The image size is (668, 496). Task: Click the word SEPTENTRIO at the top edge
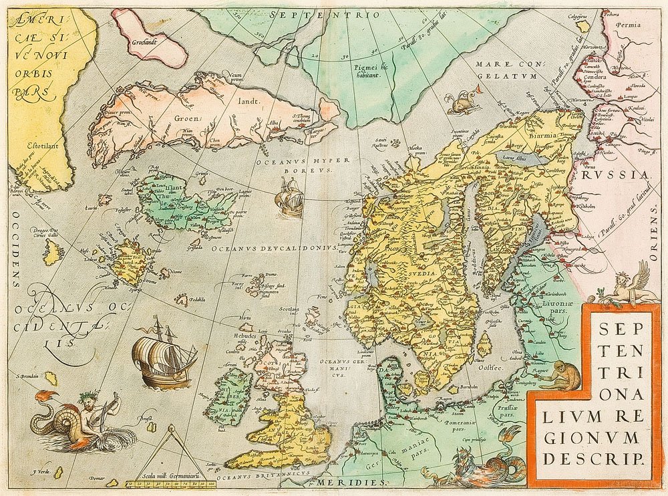325,13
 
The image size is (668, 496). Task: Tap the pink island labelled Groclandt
150,37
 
